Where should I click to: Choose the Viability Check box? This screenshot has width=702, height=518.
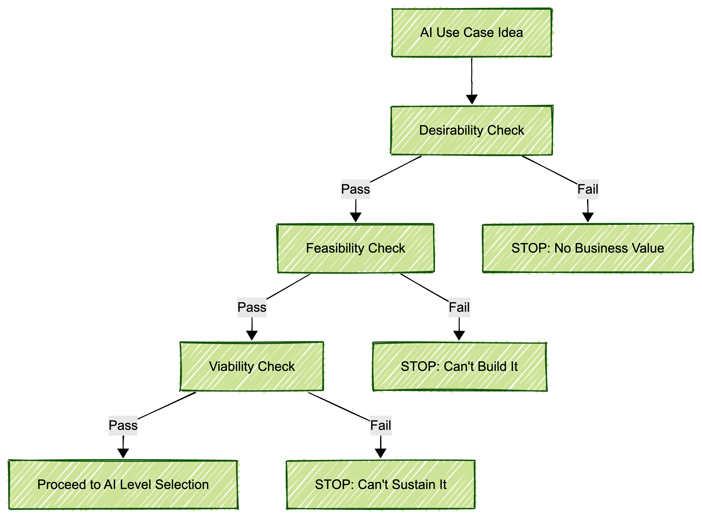(252, 366)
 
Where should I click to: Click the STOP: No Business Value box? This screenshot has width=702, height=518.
(588, 248)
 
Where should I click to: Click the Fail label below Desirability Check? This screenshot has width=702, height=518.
(588, 189)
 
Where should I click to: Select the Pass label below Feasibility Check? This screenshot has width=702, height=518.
(252, 307)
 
